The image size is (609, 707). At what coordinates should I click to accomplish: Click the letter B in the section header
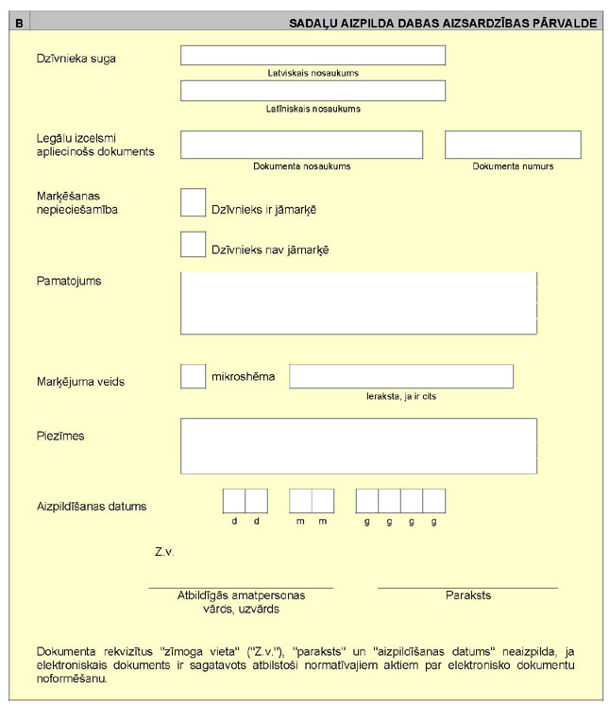click(20, 22)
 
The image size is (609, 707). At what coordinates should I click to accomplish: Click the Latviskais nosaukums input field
click(313, 55)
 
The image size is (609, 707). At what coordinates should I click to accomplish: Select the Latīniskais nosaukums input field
click(313, 91)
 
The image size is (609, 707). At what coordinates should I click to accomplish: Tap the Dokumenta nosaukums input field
click(301, 145)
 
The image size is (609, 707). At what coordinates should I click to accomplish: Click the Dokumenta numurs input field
click(513, 145)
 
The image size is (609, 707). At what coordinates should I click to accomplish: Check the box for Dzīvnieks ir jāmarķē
click(193, 202)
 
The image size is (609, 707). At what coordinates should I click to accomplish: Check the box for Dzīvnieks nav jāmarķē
click(193, 244)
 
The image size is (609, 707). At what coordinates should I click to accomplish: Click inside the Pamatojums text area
click(359, 302)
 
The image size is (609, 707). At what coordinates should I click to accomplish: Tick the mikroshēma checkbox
click(193, 375)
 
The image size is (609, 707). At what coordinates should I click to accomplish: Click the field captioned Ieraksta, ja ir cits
click(401, 375)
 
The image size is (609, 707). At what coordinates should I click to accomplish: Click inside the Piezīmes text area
click(359, 445)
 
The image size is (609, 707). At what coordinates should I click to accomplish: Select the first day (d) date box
click(234, 500)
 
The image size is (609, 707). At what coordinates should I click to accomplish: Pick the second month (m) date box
click(323, 500)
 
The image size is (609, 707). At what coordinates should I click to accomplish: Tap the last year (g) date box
click(434, 500)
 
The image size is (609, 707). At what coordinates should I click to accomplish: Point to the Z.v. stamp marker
click(163, 550)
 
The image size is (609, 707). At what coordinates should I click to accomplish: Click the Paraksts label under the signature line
click(468, 595)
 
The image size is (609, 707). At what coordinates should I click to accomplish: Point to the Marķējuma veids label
click(80, 382)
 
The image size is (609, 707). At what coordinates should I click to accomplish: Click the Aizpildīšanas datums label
click(92, 506)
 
